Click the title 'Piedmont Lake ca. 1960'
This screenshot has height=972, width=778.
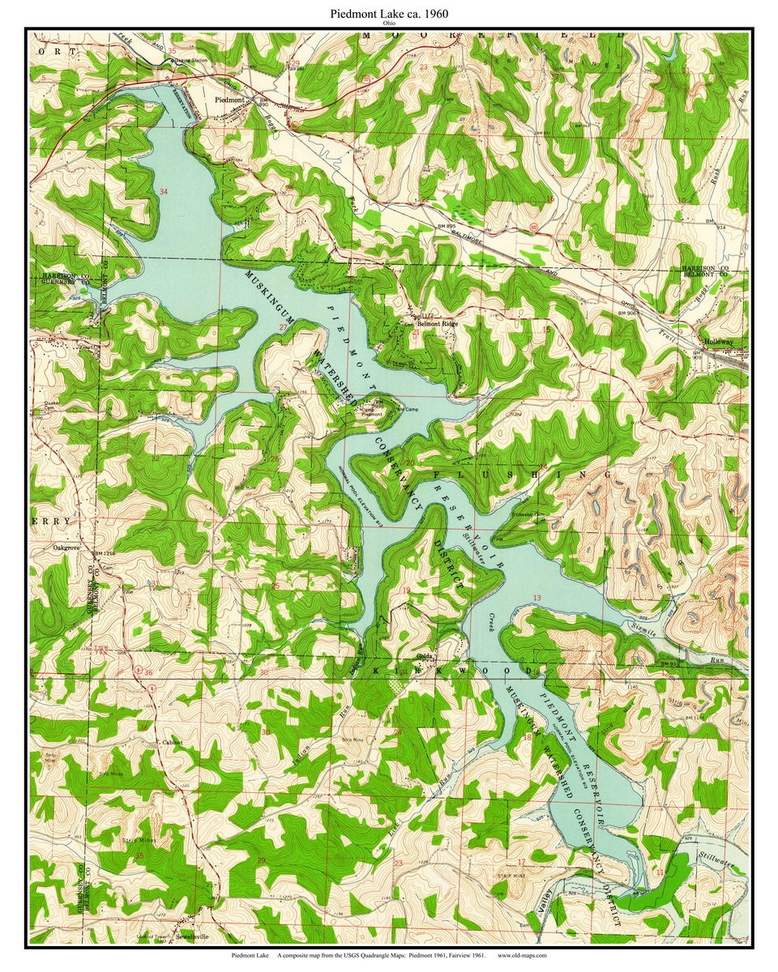[388, 14]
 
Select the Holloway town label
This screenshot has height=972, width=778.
[717, 342]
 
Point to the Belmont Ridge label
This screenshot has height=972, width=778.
[438, 323]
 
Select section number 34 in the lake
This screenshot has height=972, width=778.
[165, 192]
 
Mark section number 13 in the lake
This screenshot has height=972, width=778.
[536, 598]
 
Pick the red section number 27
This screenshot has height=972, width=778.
[284, 327]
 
